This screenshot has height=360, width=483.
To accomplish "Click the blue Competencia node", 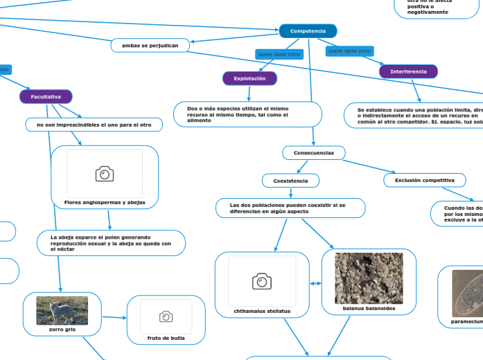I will click(308, 31).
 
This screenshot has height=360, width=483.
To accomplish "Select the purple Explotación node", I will click(249, 79).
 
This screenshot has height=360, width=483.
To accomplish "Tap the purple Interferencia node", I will click(408, 72).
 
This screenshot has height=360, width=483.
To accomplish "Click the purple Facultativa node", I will click(46, 97).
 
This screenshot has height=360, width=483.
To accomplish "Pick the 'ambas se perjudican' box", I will click(150, 46).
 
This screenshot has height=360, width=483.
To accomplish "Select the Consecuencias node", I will click(313, 152).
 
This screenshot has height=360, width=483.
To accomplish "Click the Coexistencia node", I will click(290, 181).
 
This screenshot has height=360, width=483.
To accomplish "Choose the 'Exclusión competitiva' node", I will click(425, 181).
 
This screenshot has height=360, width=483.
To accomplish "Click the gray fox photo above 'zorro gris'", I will click(62, 311).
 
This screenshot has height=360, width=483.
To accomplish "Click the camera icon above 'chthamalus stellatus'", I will click(262, 280).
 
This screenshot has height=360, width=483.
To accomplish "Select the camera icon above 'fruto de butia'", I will click(166, 316).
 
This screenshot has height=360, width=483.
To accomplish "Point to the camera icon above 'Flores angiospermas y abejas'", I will click(105, 174).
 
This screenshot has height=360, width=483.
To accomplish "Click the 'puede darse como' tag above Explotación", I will click(279, 54).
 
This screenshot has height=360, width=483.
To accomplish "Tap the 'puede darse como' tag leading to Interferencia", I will click(350, 51).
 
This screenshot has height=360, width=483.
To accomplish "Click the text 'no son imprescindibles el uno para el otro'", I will click(94, 125).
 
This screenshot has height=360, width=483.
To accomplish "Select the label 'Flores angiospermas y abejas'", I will click(105, 202).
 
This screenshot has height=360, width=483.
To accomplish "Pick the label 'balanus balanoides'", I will click(369, 309).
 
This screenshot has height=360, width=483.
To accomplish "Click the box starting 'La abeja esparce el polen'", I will click(111, 243).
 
